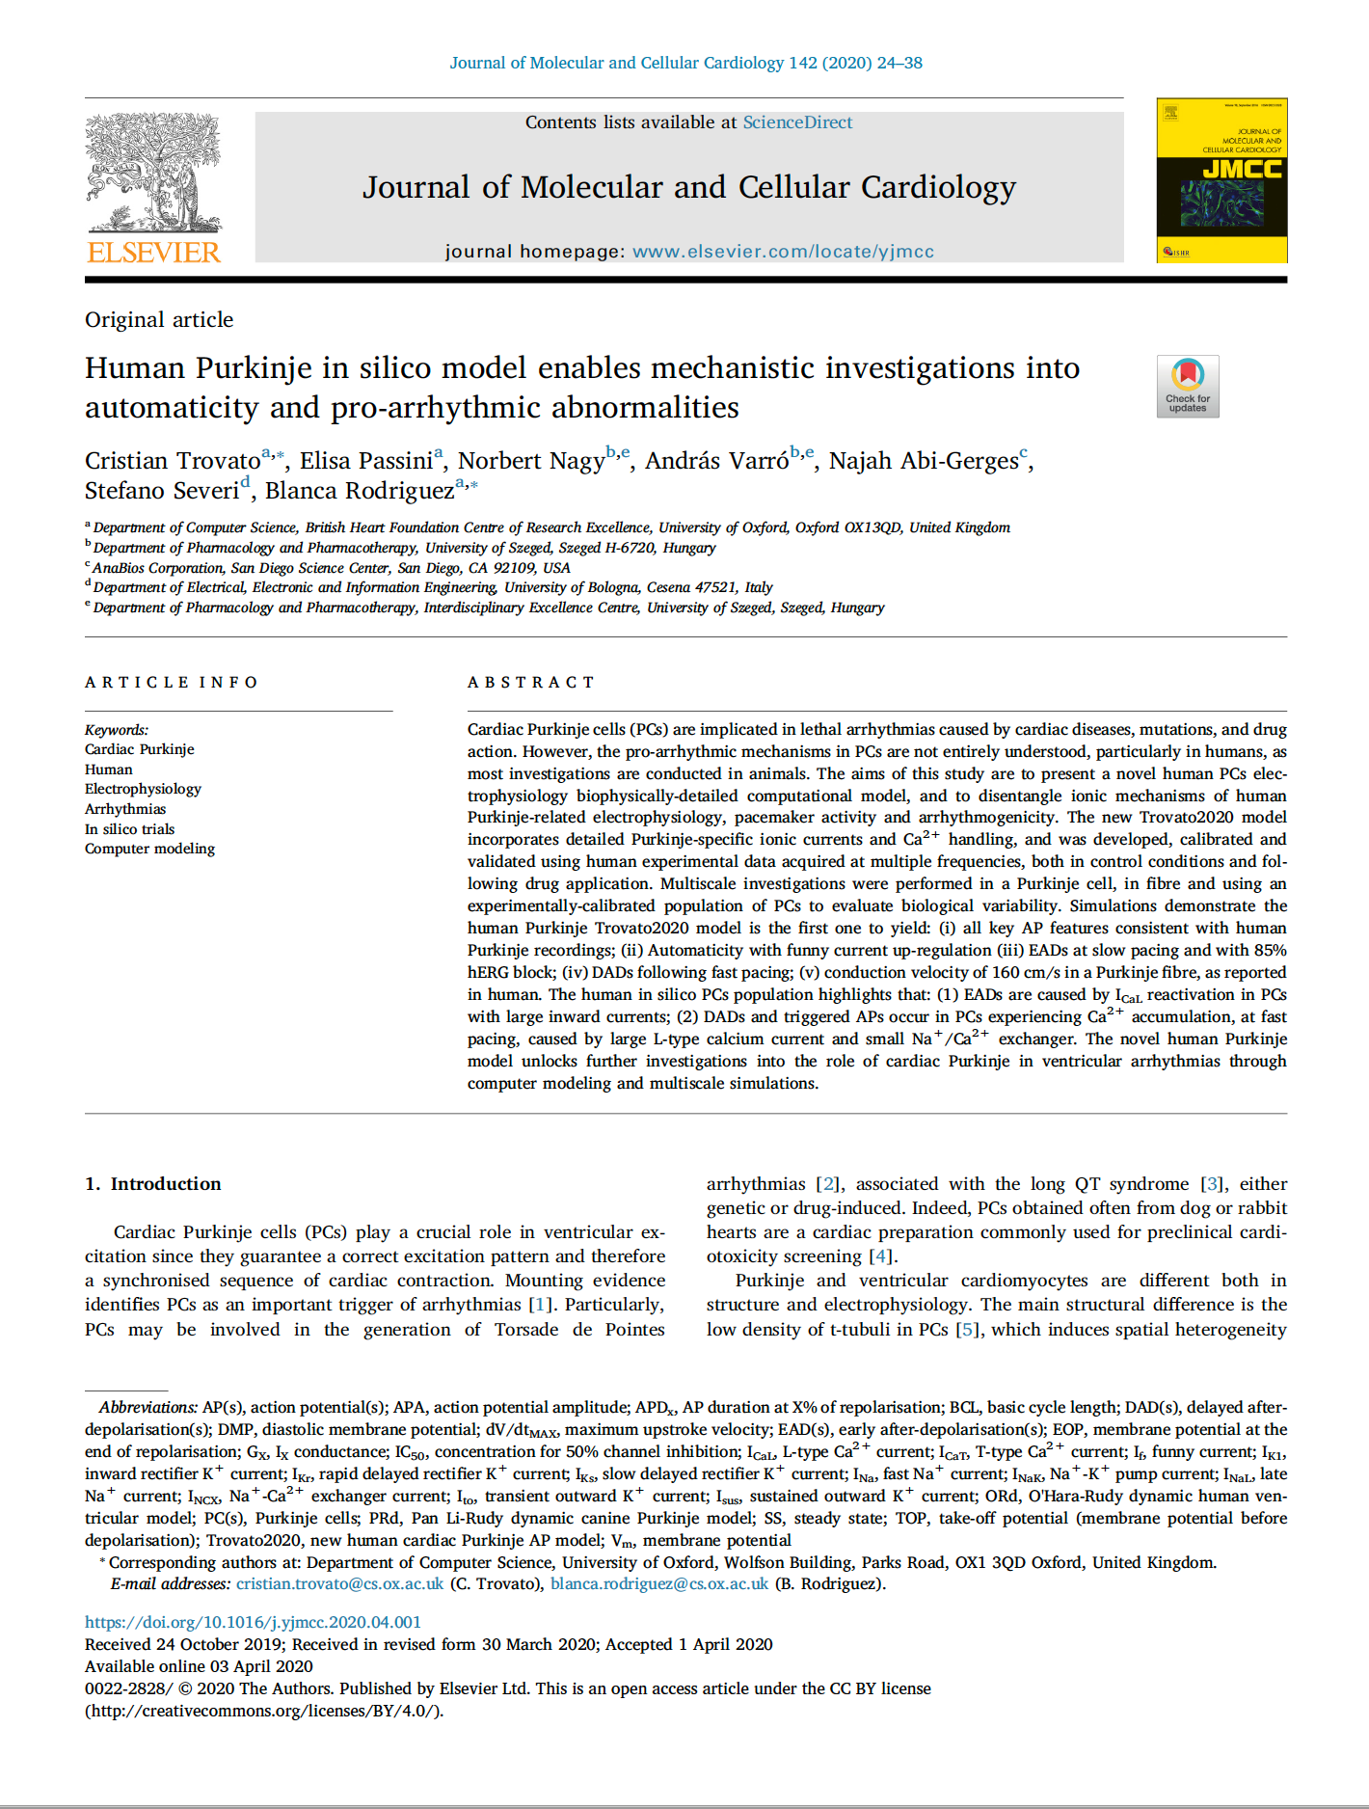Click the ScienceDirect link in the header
click(796, 122)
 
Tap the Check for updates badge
click(1188, 386)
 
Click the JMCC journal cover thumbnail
click(1221, 180)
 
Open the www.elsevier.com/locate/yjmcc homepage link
click(783, 252)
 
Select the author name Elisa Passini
click(365, 461)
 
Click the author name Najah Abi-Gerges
click(923, 461)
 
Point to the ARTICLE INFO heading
click(172, 683)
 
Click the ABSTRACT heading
click(531, 683)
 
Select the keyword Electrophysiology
click(143, 789)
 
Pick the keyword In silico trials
click(129, 829)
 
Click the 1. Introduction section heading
click(153, 1184)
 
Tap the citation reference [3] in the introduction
click(1213, 1184)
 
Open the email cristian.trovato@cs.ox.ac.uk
click(339, 1584)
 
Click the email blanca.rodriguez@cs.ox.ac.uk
click(659, 1584)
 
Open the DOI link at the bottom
click(253, 1623)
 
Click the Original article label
click(159, 320)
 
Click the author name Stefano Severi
click(161, 491)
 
